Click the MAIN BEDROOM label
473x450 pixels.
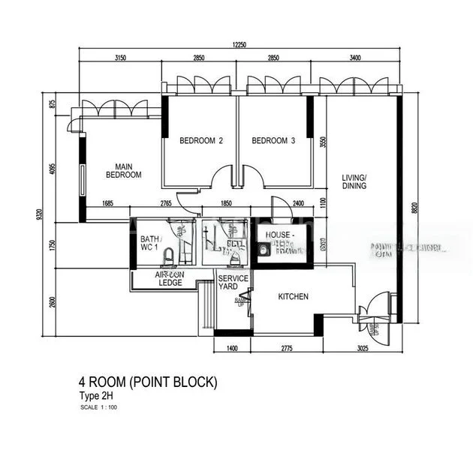[123, 170]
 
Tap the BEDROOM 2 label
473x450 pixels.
[200, 140]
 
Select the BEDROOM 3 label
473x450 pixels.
[273, 140]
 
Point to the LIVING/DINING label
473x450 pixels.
[354, 181]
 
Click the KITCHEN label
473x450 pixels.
[294, 297]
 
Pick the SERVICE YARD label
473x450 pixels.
[233, 283]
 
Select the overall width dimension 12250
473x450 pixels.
[240, 45]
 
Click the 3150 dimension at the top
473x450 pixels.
[120, 58]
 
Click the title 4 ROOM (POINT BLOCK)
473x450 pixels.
[148, 382]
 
